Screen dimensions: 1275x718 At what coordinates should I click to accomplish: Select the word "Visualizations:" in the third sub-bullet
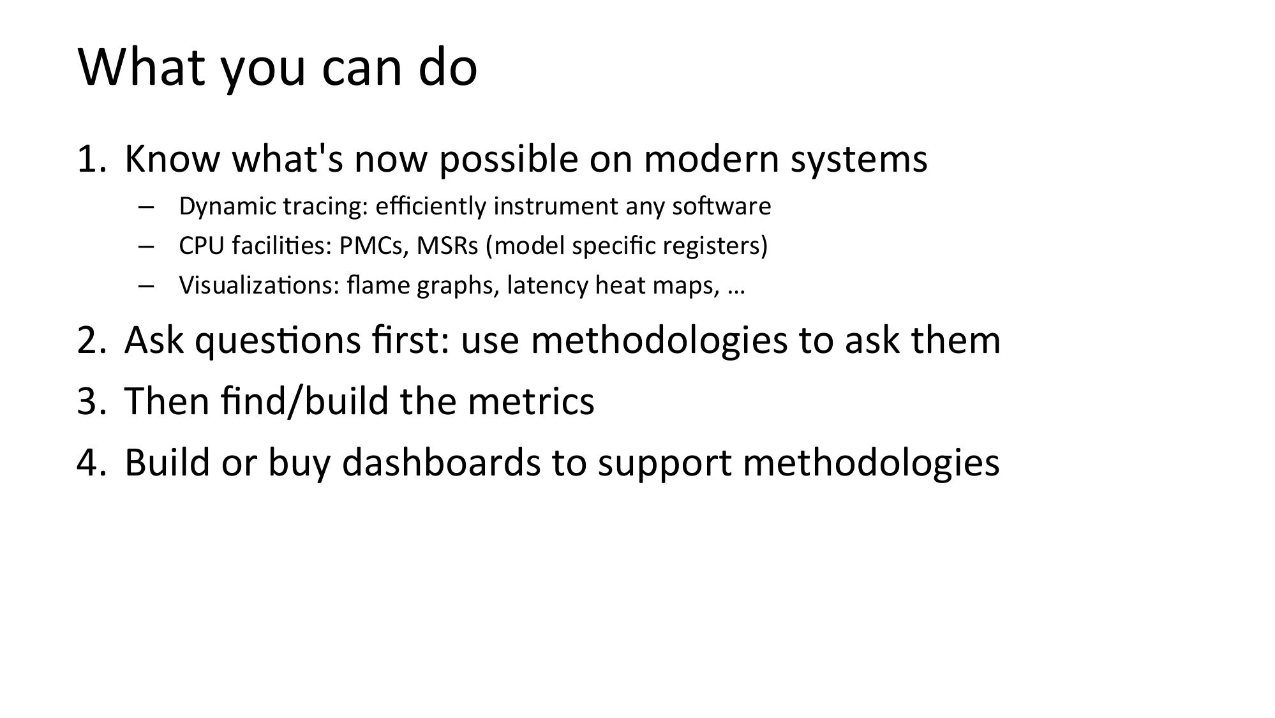pos(259,285)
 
